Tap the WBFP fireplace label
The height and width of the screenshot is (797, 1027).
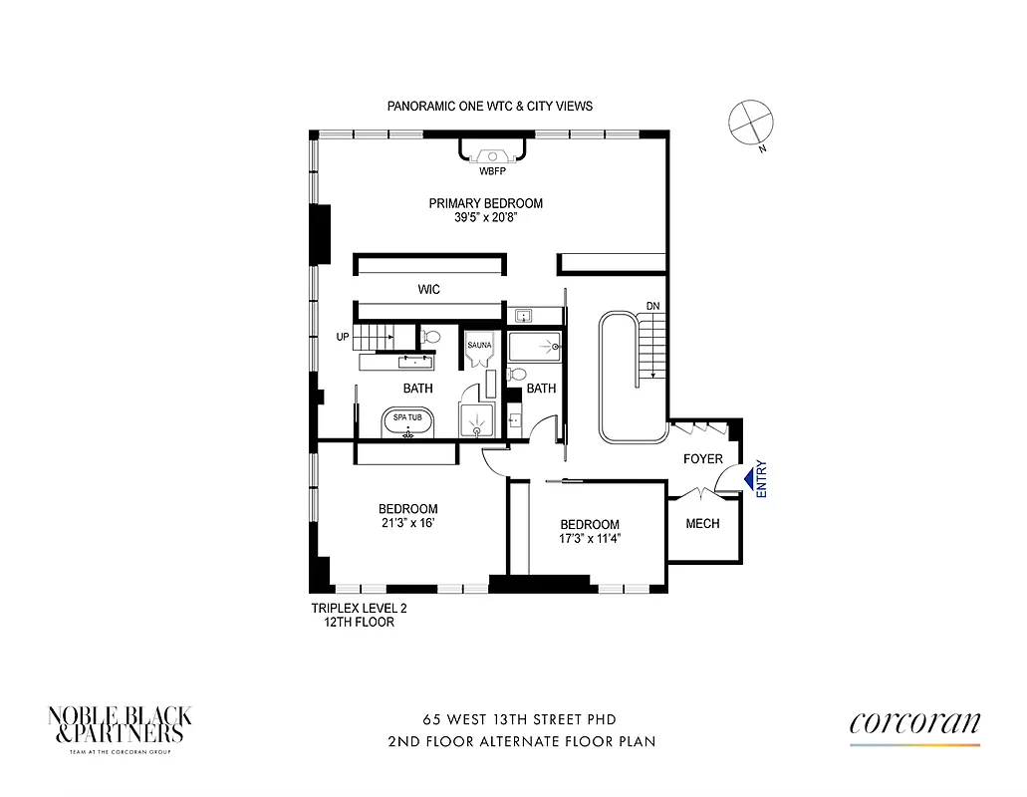(x=492, y=171)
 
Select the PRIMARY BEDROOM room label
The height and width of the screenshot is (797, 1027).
(x=485, y=203)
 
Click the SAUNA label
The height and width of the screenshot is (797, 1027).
(x=479, y=345)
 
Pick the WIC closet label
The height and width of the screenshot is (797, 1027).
(x=428, y=290)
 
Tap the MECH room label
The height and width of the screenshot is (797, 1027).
(x=703, y=524)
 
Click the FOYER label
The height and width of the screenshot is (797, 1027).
(x=702, y=459)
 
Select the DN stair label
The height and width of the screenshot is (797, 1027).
(x=652, y=306)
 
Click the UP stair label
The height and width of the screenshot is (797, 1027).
(x=343, y=337)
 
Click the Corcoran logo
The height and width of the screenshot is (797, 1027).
(x=914, y=724)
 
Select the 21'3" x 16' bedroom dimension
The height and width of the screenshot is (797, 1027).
(x=407, y=523)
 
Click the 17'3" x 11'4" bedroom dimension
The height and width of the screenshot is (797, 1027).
(x=589, y=540)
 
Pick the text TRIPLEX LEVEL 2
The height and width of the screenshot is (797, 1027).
(x=359, y=608)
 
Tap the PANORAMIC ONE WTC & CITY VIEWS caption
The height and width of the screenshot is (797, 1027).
(x=489, y=106)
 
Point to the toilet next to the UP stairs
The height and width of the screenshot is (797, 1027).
(x=433, y=337)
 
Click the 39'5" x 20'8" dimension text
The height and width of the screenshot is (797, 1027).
(x=485, y=218)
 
